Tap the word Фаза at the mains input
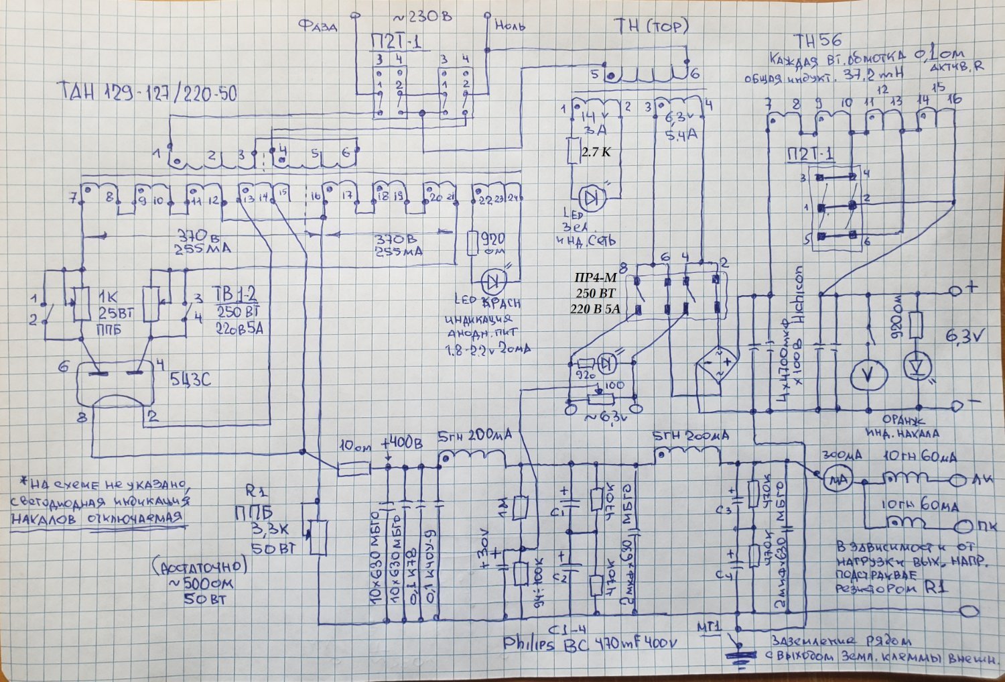pyautogui.click(x=318, y=26)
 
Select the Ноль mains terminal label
pyautogui.click(x=510, y=26)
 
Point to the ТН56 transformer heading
pyautogui.click(x=817, y=41)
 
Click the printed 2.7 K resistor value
pyautogui.click(x=596, y=152)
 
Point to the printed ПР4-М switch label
pyautogui.click(x=596, y=278)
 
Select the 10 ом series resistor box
pyautogui.click(x=353, y=469)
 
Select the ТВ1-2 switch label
pyautogui.click(x=234, y=294)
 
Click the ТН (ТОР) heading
pyautogui.click(x=651, y=26)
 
